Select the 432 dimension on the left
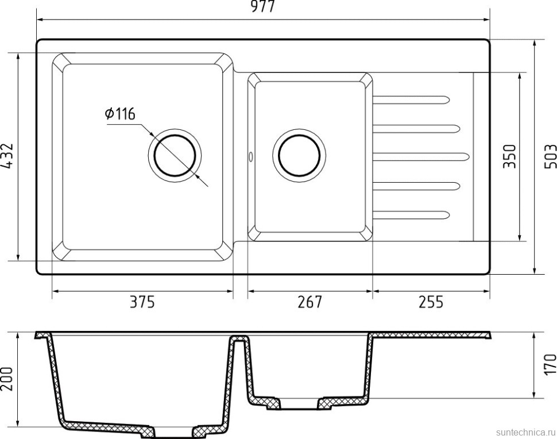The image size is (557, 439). click(x=7, y=156)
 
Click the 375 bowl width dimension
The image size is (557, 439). click(x=143, y=302)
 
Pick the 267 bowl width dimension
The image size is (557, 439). click(x=310, y=302)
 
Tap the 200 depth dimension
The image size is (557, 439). click(x=7, y=380)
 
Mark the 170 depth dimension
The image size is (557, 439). click(x=548, y=364)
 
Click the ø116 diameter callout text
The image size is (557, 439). click(x=120, y=114)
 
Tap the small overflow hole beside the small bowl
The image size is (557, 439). click(x=250, y=156)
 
